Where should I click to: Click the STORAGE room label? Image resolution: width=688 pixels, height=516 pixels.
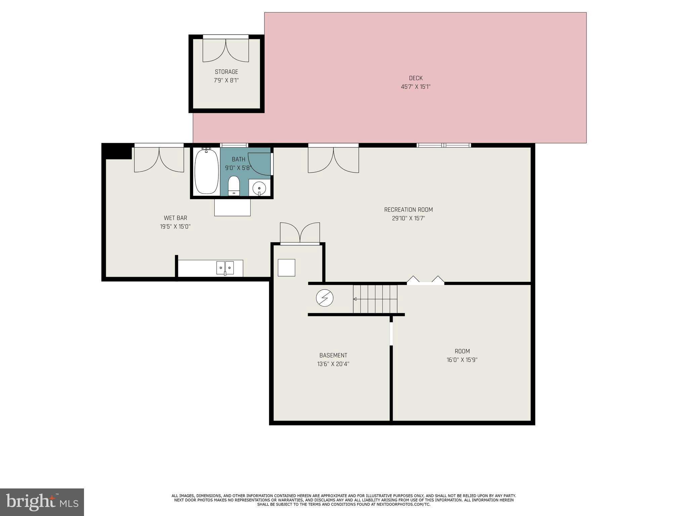click(x=226, y=72)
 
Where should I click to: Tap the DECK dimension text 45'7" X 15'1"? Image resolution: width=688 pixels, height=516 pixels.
click(x=416, y=87)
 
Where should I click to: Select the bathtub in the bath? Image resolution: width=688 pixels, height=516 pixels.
click(x=206, y=172)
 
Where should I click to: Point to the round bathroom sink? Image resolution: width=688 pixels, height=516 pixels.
click(x=259, y=187)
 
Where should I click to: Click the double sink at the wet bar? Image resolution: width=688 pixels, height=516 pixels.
click(x=225, y=268)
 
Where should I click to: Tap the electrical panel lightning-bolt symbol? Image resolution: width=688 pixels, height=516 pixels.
click(x=325, y=298)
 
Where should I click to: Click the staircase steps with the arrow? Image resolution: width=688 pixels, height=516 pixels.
click(x=375, y=299)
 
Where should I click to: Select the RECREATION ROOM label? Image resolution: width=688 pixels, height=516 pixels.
click(x=408, y=210)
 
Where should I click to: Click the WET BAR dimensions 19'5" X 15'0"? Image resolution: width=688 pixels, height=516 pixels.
click(x=175, y=227)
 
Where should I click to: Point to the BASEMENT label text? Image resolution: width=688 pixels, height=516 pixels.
click(x=333, y=355)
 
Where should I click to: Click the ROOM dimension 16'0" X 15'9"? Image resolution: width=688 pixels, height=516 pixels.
click(x=462, y=360)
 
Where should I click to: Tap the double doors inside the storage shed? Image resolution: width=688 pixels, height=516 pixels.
click(x=226, y=50)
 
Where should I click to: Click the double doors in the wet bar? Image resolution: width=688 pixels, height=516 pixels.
click(x=159, y=160)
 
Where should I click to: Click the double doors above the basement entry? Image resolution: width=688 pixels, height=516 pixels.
click(x=300, y=232)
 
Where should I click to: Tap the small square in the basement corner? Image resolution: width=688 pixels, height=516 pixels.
click(x=287, y=267)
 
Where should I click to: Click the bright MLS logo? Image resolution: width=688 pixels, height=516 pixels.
click(x=42, y=502)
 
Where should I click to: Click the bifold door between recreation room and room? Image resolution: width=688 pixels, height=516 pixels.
click(x=425, y=281)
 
